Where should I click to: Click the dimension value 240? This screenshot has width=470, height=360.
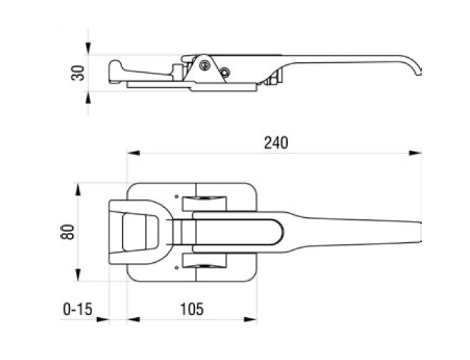(276, 143)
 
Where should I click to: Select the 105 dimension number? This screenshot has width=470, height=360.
(192, 309)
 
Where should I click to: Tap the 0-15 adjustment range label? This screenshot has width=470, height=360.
(78, 309)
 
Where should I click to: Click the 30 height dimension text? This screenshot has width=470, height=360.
(78, 73)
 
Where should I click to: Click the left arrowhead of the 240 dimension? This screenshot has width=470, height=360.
(134, 153)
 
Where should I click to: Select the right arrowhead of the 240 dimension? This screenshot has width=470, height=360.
(416, 153)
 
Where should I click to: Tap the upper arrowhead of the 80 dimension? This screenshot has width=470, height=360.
(78, 190)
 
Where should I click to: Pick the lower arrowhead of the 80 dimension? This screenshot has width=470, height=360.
(78, 275)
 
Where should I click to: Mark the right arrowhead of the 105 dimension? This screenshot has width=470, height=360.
(250, 319)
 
